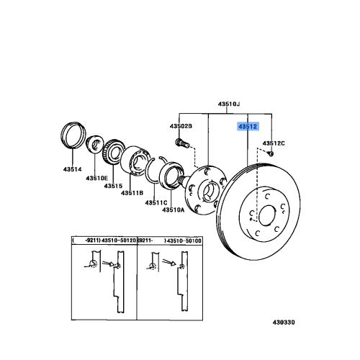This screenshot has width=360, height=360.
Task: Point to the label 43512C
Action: pos(274,143)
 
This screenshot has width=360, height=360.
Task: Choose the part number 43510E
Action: pos(97,178)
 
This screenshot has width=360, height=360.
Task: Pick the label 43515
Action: pos(114,186)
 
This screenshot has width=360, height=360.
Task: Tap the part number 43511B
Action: pos(132,193)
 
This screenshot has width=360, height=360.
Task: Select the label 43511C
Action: pos(156,202)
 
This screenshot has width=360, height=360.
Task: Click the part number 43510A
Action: pos(174,210)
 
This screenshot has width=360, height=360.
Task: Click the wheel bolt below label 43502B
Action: pos(181,143)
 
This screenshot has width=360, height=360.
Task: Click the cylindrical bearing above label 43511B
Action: pos(138,163)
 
